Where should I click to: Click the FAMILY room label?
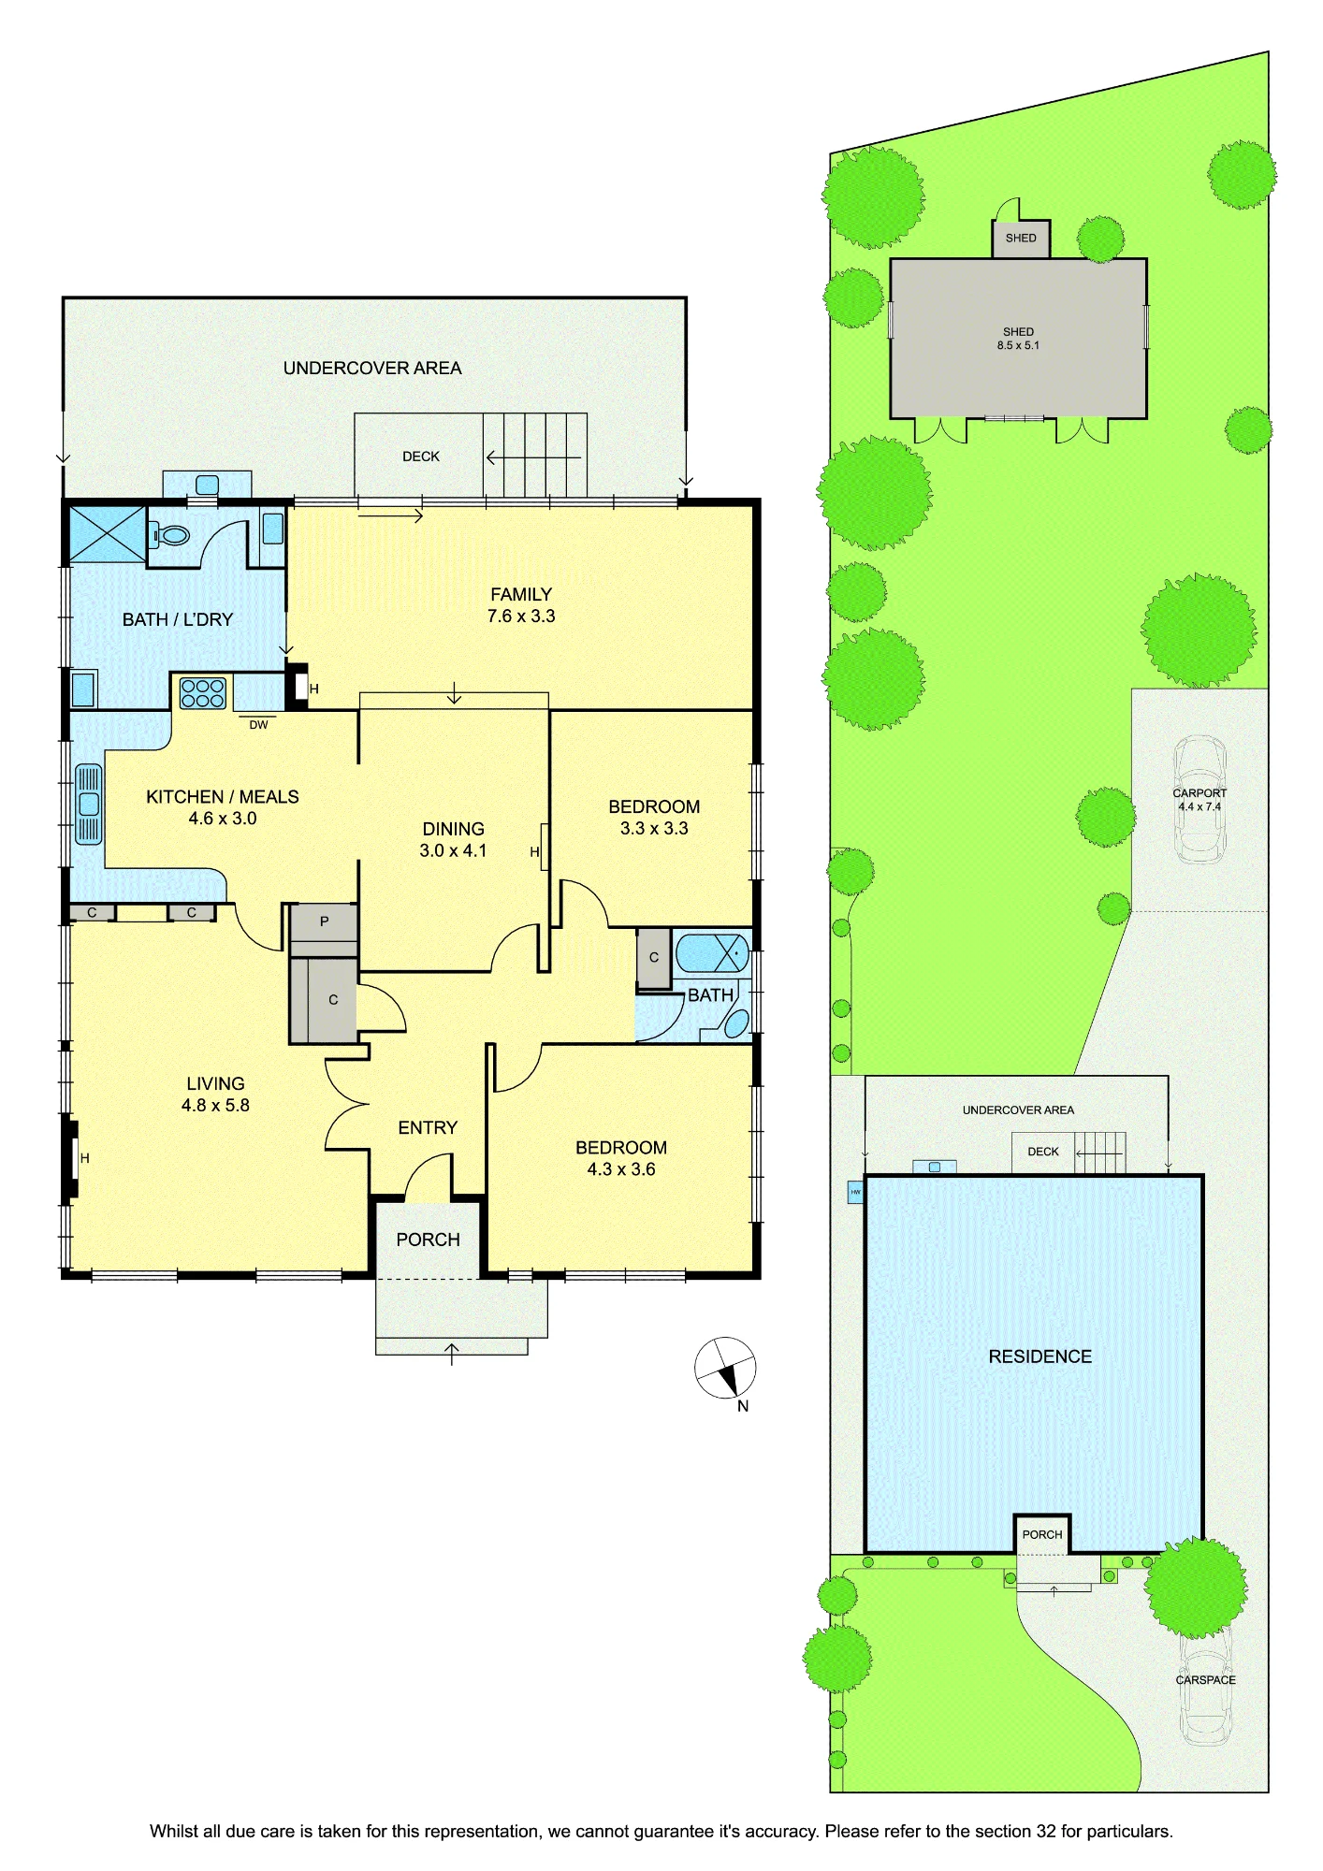(521, 594)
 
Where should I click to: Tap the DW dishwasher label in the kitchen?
(258, 725)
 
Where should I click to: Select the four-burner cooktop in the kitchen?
(203, 693)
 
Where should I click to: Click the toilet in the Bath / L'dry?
(170, 536)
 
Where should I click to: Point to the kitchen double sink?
(89, 805)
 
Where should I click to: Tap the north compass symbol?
(725, 1369)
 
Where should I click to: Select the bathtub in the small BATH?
(712, 953)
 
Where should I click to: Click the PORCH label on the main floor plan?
(428, 1240)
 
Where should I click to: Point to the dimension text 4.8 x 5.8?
(215, 1105)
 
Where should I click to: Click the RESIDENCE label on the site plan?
(1040, 1356)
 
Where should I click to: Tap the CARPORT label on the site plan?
(1199, 793)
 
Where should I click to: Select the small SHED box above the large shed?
(1021, 239)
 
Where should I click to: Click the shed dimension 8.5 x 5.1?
(1018, 345)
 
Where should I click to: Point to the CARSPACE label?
(1206, 1680)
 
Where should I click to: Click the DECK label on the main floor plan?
(421, 457)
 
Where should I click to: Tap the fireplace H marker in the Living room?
(84, 1158)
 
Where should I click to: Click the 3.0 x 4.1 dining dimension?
(453, 850)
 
